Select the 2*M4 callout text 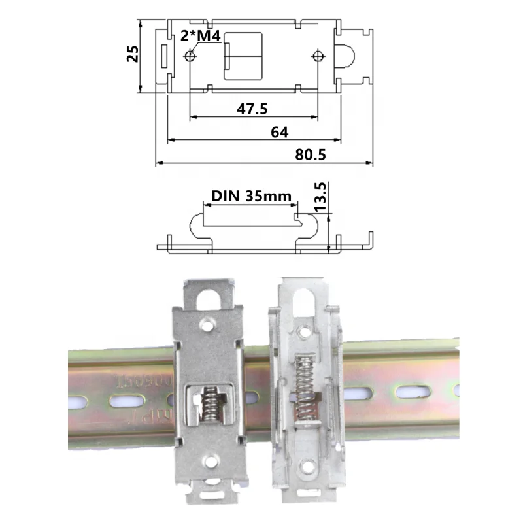coord(199,37)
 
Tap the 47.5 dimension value coord(252,109)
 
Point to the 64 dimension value coord(279,131)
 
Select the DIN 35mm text coord(252,195)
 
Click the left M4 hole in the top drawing coord(190,56)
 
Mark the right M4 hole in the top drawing coord(318,56)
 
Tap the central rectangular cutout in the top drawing coord(243,56)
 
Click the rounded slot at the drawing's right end coord(349,56)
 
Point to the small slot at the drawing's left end coord(164,56)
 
